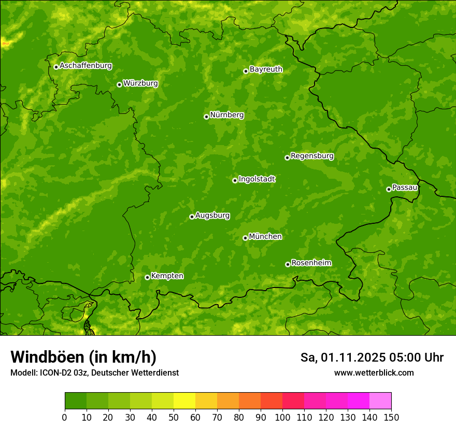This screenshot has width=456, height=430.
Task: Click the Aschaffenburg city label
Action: click(x=85, y=66)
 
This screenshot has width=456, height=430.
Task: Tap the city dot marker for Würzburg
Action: click(x=119, y=84)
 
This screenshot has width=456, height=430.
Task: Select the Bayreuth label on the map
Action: click(x=266, y=69)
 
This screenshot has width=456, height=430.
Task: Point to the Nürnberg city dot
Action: click(x=206, y=117)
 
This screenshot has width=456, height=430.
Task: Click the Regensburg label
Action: click(x=312, y=156)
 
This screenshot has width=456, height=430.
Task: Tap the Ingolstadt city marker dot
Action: click(x=235, y=180)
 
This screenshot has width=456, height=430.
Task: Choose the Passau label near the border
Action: click(x=405, y=188)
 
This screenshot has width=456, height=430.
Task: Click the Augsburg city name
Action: click(x=212, y=216)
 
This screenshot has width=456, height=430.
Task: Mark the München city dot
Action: click(x=245, y=238)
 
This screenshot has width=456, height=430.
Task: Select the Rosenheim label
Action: click(x=311, y=263)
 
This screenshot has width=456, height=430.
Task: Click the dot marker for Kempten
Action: click(x=147, y=277)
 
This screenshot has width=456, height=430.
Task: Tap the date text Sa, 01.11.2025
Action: click(x=343, y=357)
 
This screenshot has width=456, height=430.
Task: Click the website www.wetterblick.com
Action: click(x=374, y=372)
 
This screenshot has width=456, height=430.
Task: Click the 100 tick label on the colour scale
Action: click(x=282, y=417)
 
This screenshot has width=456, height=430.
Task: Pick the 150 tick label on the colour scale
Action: click(x=391, y=417)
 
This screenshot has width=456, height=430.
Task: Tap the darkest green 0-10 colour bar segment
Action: click(x=76, y=401)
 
